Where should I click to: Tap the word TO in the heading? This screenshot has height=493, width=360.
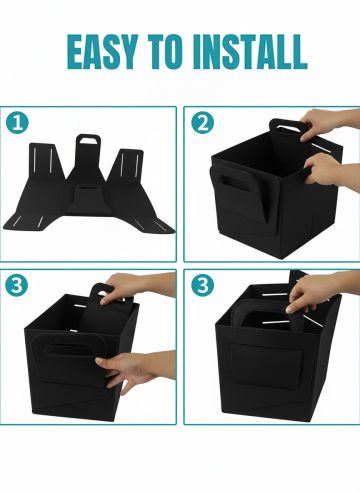coord(165,51)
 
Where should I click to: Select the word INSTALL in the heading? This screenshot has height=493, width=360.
coord(250,51)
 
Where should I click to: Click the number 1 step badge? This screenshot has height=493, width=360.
coord(17,123)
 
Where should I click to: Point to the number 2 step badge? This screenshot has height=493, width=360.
coord(202,123)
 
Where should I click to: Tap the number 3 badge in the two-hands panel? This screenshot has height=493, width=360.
coord(17,285)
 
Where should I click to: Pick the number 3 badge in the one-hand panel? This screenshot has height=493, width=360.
coord(202,285)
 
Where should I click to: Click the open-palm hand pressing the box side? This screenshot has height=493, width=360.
coord(137,370)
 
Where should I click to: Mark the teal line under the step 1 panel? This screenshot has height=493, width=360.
coord(88,261)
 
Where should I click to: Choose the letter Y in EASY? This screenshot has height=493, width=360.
coord(127,51)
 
